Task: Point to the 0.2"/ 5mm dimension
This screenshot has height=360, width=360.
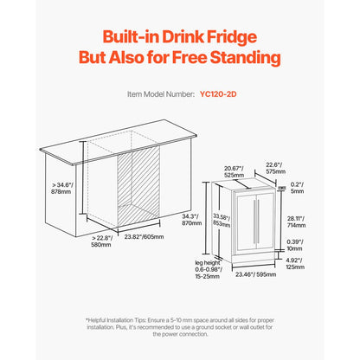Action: point(298,187)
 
